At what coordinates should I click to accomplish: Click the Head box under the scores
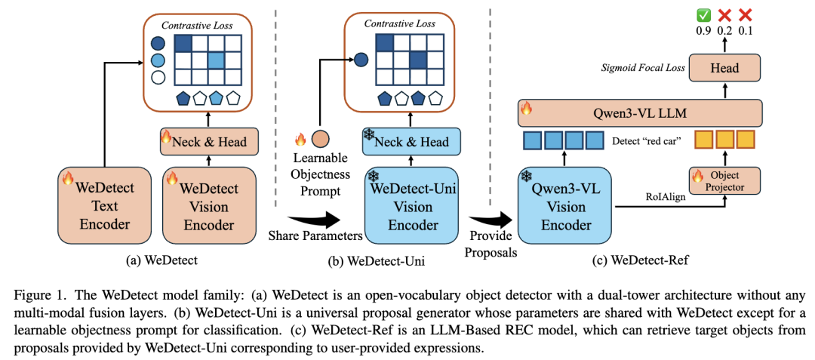[x=725, y=68]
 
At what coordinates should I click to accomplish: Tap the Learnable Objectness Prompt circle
[x=321, y=141]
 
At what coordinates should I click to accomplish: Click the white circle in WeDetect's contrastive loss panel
[x=158, y=76]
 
